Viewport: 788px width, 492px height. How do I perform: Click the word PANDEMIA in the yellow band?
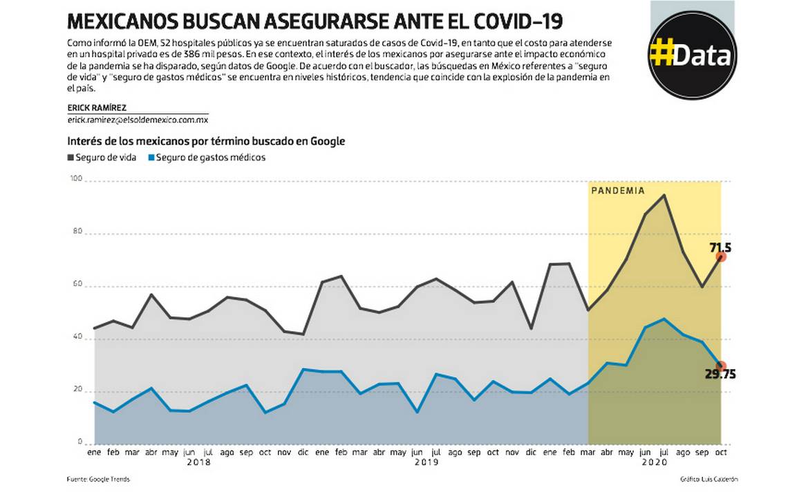click(617, 191)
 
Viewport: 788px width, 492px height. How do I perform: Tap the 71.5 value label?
click(720, 247)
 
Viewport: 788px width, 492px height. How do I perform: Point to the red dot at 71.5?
click(721, 257)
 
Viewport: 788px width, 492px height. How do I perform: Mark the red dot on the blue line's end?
click(721, 366)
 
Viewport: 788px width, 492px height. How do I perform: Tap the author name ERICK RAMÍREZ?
click(97, 108)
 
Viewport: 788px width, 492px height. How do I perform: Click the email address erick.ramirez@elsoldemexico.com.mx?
click(138, 120)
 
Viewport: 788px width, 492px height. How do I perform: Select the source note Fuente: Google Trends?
click(98, 479)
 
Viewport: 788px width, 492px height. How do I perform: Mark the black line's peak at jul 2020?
click(664, 195)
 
